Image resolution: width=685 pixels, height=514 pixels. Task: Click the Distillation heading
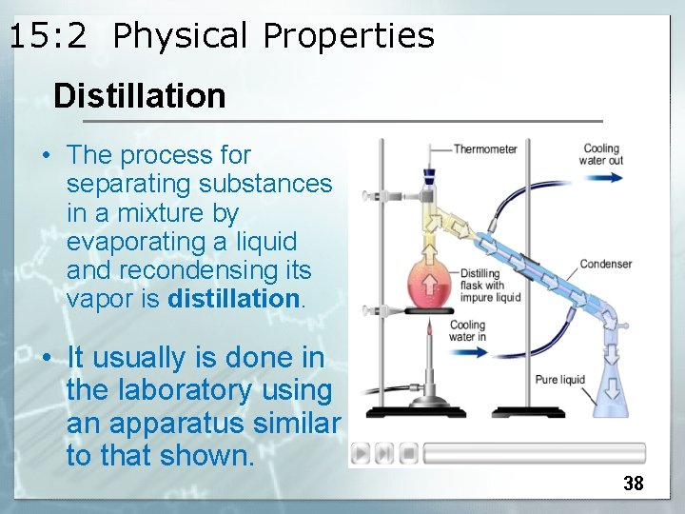139,96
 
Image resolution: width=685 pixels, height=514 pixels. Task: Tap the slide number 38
633,484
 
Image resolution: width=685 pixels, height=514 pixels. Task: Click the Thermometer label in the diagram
484,148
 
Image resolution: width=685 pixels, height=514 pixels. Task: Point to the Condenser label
605,264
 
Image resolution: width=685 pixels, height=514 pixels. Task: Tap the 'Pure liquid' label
559,380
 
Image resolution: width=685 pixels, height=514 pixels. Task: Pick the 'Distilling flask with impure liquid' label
489,286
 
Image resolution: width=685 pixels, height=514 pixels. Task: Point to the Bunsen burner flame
429,332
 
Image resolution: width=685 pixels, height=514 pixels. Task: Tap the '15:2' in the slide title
48,36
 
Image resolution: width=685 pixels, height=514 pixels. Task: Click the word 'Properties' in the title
348,36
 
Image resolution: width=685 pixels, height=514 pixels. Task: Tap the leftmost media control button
362,452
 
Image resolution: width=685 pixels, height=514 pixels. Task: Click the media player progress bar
534,452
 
